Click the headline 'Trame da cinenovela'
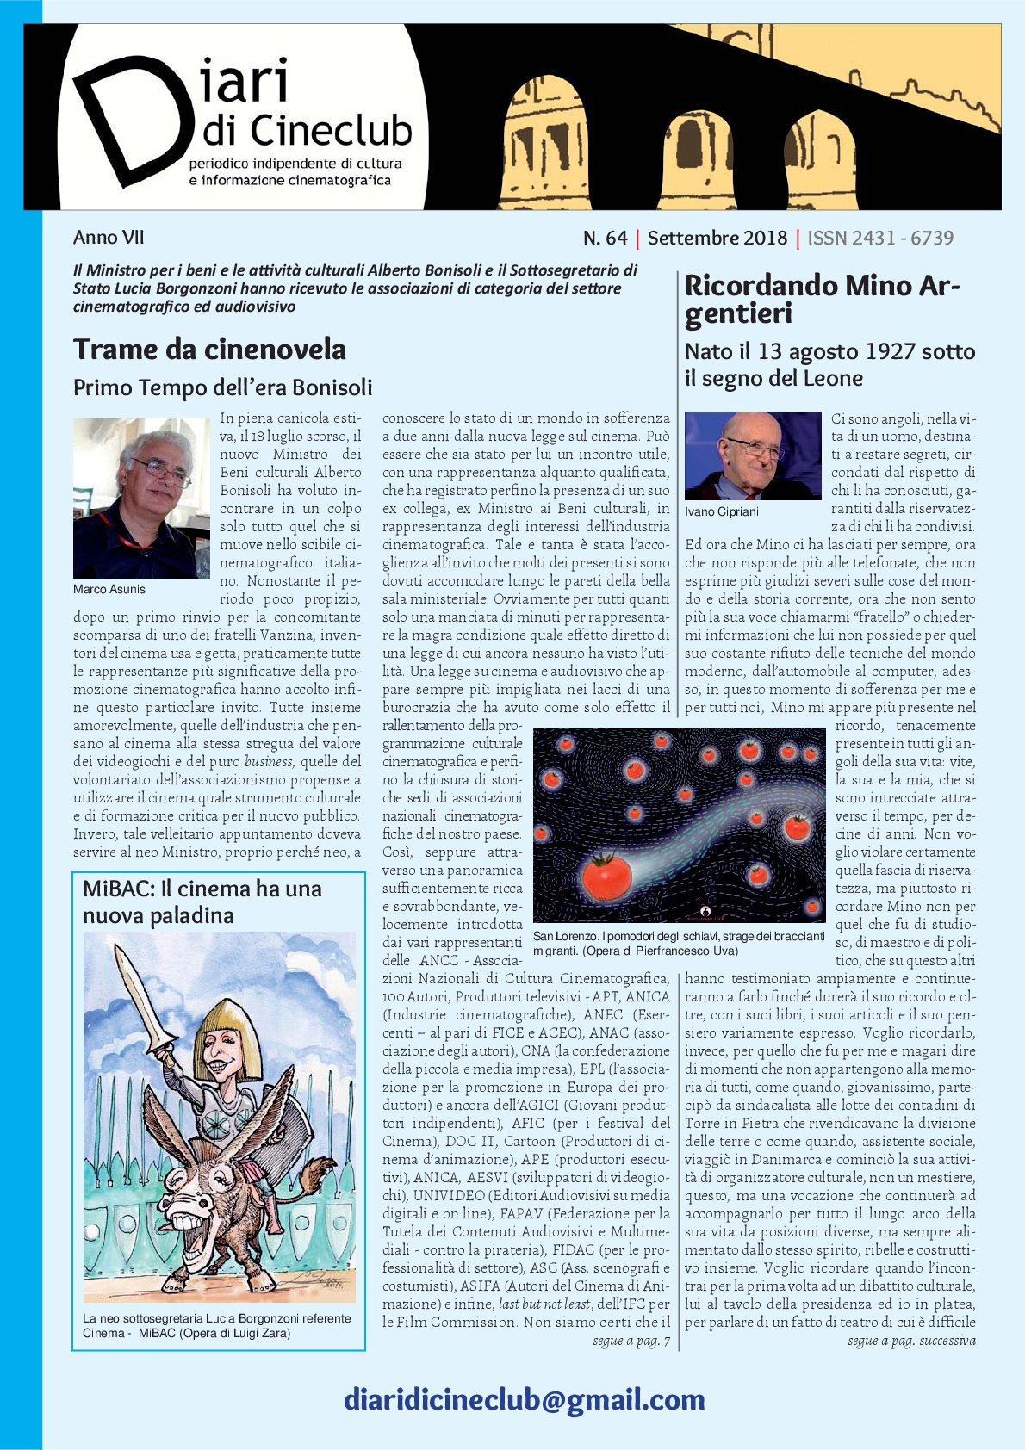pos(209,350)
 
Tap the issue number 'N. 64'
pos(605,238)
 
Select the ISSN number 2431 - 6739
pos(880,238)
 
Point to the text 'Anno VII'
pos(109,238)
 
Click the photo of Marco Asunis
pos(141,498)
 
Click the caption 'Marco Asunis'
pos(109,590)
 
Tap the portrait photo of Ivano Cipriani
pos(752,455)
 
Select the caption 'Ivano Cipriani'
pos(722,512)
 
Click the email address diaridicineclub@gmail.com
pos(524,1400)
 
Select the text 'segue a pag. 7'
pos(631,1341)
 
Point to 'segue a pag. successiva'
pos(910,1341)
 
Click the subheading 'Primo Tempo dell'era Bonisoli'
pos(222,387)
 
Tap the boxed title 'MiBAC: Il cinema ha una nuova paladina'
pos(202,902)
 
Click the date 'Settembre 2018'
pos(717,238)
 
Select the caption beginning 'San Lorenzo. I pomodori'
pos(678,944)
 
